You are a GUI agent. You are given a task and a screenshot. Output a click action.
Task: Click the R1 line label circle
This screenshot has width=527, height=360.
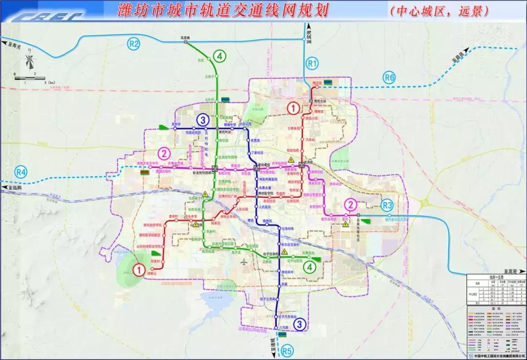(x=312, y=62)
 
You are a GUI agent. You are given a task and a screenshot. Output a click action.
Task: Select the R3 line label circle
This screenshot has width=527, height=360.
(x=388, y=205)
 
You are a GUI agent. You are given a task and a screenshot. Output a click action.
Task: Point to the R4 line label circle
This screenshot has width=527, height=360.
(x=21, y=172)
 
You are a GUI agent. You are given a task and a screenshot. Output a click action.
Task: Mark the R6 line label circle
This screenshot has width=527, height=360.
(x=389, y=77)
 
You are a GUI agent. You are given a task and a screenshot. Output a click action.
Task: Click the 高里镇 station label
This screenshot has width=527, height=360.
(x=186, y=38)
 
